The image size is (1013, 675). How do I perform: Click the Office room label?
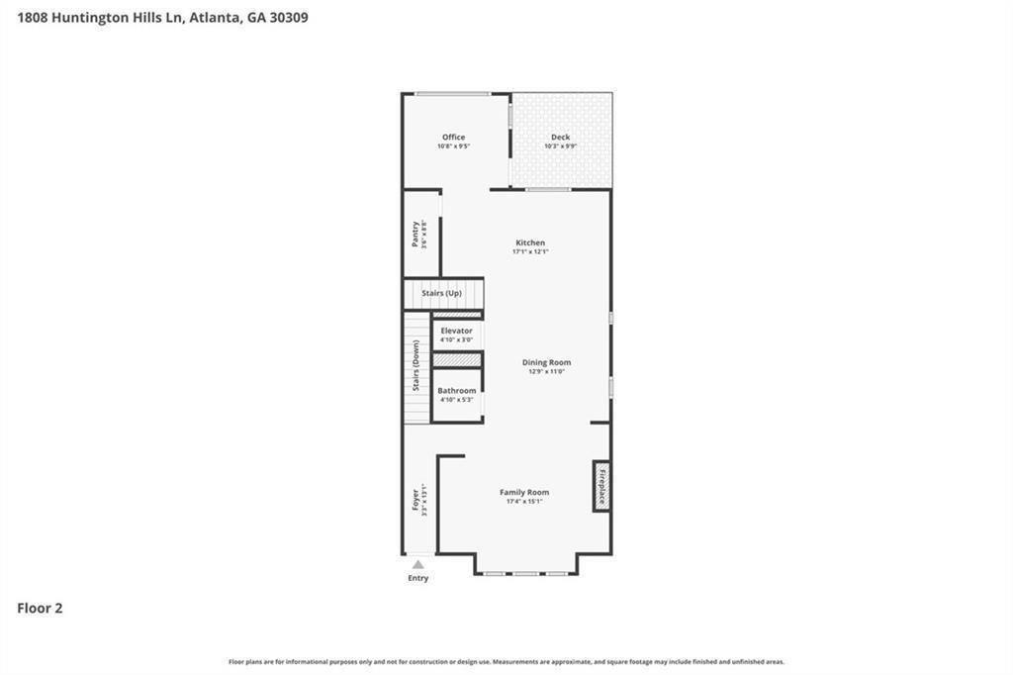pyautogui.click(x=453, y=138)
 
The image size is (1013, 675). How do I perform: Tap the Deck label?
pyautogui.click(x=560, y=138)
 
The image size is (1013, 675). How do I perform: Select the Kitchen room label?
pyautogui.click(x=530, y=242)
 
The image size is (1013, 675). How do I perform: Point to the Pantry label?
pyautogui.click(x=415, y=234)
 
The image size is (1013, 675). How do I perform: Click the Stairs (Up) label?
pyautogui.click(x=441, y=294)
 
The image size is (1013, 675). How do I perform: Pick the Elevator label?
pyautogui.click(x=456, y=331)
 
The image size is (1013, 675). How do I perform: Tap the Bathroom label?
pyautogui.click(x=457, y=391)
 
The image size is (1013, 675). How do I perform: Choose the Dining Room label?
pyautogui.click(x=546, y=362)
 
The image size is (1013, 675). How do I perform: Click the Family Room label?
pyautogui.click(x=524, y=492)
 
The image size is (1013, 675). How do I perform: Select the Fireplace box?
pyautogui.click(x=600, y=486)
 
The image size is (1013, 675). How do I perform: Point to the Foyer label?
pyautogui.click(x=416, y=500)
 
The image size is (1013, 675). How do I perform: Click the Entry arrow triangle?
pyautogui.click(x=418, y=564)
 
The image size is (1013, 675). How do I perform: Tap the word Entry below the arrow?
pyautogui.click(x=418, y=578)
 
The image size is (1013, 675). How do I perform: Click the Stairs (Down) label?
pyautogui.click(x=416, y=366)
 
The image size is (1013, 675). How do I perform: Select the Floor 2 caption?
pyautogui.click(x=40, y=609)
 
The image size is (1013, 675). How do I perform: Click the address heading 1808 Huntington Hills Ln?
pyautogui.click(x=162, y=17)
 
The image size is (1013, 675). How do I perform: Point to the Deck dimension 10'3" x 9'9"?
pyautogui.click(x=560, y=146)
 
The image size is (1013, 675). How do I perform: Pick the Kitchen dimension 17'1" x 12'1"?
pyautogui.click(x=530, y=251)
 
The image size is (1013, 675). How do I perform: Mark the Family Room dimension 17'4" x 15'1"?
pyautogui.click(x=524, y=502)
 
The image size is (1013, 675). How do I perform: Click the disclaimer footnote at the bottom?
pyautogui.click(x=506, y=661)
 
